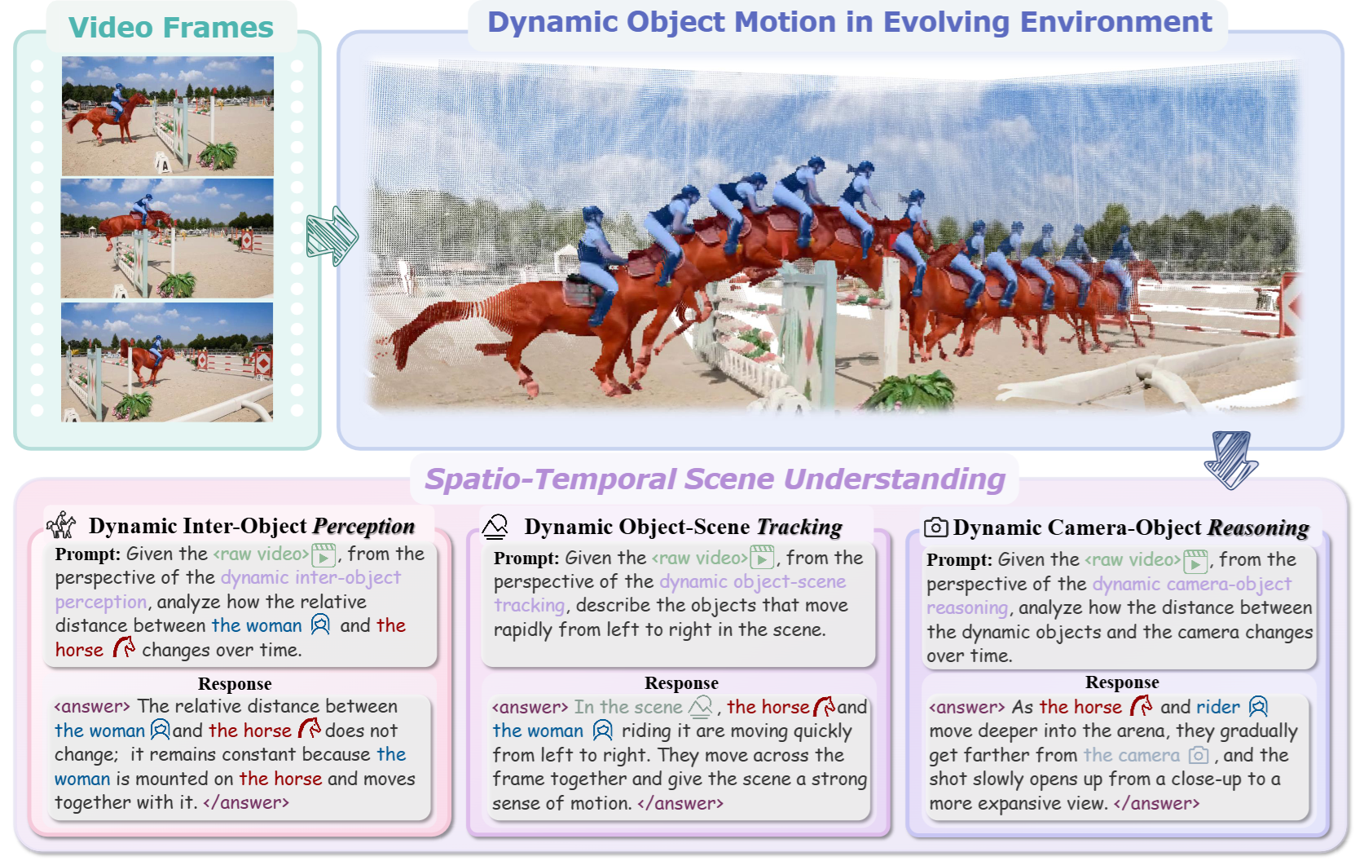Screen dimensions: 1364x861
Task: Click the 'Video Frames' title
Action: coord(171,28)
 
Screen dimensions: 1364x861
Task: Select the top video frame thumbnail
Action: coord(168,116)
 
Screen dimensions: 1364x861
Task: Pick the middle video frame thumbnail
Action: coord(168,238)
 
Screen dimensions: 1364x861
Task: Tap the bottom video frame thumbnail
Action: coord(168,362)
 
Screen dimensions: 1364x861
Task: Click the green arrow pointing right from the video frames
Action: coord(332,236)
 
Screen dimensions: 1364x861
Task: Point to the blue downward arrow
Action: coord(1231,459)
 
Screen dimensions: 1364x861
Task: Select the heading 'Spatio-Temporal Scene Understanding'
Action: coord(715,479)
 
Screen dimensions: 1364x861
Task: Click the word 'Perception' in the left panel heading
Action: coord(363,526)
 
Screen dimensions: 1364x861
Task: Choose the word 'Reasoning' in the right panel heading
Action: coord(1258,528)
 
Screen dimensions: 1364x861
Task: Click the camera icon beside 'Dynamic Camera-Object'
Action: coord(936,527)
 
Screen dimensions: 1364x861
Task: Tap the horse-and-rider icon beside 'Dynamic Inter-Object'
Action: coord(61,524)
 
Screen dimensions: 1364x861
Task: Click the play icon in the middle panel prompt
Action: coord(762,558)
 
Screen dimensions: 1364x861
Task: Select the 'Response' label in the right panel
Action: coord(1122,682)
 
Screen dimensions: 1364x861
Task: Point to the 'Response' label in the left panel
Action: coord(235,684)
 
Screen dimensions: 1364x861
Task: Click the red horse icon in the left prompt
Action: coord(124,647)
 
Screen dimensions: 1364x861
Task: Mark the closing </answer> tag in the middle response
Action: coord(680,803)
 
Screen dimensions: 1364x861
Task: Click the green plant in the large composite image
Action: coord(909,390)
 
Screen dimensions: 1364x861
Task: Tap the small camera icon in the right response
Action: coord(1199,756)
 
